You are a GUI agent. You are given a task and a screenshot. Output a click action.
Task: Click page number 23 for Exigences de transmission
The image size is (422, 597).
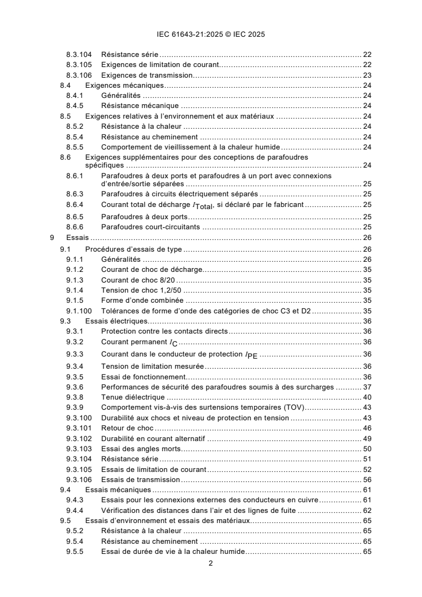coord(367,75)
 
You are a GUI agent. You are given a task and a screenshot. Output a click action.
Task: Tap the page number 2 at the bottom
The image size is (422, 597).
coord(211,563)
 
